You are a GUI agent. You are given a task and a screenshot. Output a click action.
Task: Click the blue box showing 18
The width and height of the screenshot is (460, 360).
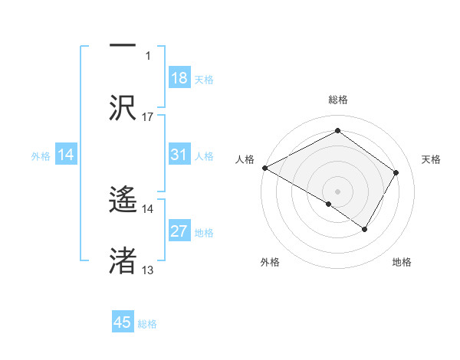(179, 79)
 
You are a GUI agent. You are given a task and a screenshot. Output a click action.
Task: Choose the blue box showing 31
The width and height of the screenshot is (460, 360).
(179, 155)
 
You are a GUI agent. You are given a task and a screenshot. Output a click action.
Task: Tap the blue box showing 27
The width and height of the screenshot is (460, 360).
(179, 232)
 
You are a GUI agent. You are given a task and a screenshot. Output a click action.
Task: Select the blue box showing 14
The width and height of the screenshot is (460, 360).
(66, 155)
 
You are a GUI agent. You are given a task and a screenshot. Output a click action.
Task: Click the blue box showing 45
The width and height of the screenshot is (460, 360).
(123, 323)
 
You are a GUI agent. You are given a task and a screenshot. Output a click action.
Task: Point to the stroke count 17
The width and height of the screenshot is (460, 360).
(148, 117)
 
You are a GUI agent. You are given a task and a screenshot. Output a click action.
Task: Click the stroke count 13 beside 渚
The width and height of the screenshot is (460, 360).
(148, 270)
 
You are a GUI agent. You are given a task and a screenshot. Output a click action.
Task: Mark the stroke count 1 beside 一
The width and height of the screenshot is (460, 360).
(148, 56)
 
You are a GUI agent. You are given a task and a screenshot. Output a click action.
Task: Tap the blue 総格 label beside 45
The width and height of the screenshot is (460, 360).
(147, 324)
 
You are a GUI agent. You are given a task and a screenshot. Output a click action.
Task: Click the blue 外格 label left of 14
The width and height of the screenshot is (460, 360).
(41, 156)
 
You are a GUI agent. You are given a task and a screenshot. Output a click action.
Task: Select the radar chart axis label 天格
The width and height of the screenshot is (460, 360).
(431, 159)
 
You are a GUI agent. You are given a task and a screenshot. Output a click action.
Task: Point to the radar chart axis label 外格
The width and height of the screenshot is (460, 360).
(270, 262)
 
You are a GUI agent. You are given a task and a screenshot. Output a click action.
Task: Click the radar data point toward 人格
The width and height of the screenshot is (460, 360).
(264, 168)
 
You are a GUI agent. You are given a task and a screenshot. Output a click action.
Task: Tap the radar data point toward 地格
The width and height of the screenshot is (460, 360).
(365, 229)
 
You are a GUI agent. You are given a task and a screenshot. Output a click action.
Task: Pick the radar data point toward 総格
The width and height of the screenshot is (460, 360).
(337, 130)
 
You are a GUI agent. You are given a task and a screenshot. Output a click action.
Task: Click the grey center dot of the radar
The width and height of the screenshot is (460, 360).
(337, 191)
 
